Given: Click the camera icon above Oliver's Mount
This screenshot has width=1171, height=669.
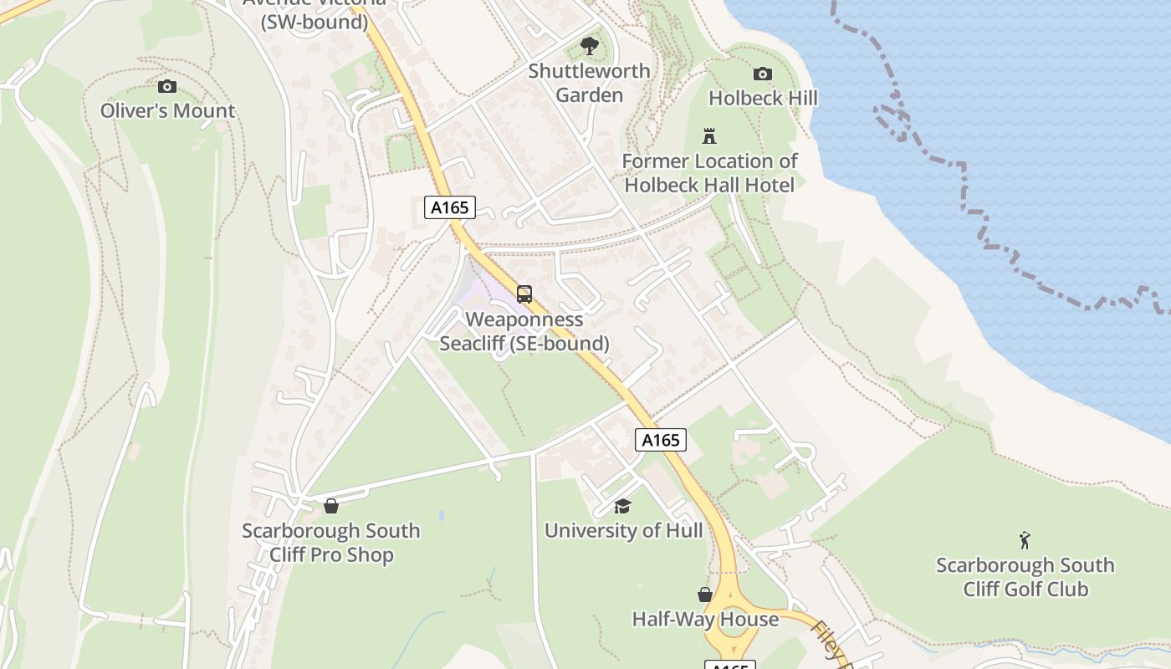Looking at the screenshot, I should pos(167,86).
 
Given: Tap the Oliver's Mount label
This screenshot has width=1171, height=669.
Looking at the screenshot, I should pos(167,110).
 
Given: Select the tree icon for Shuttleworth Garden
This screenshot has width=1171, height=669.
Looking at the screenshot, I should pos(589,46).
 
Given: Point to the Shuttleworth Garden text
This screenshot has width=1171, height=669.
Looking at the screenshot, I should pos(589,83).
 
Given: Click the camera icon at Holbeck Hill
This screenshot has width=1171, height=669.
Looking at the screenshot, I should pos(762,74).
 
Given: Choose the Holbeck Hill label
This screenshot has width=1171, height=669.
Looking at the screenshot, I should pos(763,98).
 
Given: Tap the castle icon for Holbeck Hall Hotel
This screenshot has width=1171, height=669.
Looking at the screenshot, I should pos(709,136).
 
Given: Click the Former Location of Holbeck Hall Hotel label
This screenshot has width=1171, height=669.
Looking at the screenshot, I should pos(709,172).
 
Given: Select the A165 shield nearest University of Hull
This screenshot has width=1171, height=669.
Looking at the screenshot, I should pos(661,440).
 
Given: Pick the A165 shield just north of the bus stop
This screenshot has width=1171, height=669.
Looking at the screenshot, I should pos(450,207).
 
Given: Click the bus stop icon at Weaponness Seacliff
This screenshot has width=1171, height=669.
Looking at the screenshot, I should pos(524,294).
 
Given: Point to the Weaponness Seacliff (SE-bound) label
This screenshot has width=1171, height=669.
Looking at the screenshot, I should pos(524,331).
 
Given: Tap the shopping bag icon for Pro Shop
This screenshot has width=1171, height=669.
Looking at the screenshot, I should pos(331,506).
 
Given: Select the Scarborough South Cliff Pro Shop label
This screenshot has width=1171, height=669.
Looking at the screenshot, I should pos(331,543).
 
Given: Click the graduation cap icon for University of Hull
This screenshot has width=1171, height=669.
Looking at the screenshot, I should pos(622,506).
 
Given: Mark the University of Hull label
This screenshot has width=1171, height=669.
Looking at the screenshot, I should pos(623,530).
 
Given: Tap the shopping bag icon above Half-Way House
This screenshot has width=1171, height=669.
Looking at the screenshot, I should pos(705,595).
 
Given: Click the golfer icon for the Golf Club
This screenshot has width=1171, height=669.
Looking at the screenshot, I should pos(1025,540).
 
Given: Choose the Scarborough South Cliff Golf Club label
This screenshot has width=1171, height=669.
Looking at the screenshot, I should pos(1025,577).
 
